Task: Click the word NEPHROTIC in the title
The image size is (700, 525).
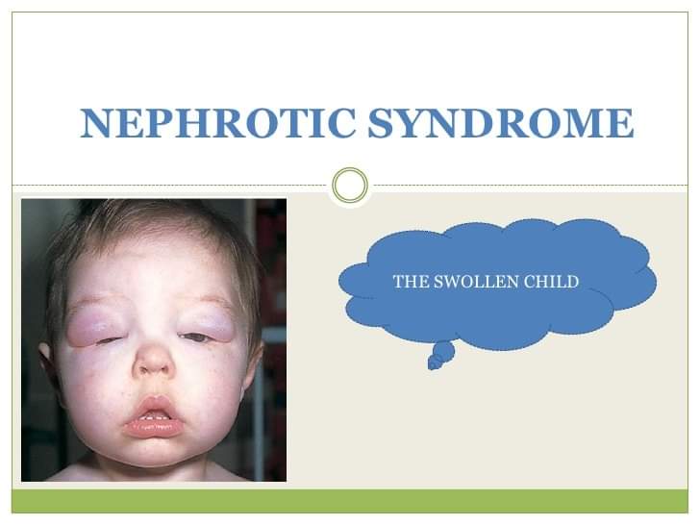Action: click(218, 123)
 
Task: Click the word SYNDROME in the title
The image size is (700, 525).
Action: click(501, 123)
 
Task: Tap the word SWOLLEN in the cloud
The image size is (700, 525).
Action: click(476, 282)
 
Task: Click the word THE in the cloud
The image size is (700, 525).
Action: click(411, 282)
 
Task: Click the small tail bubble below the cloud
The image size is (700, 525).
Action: click(441, 355)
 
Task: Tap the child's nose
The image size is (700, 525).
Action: click(155, 357)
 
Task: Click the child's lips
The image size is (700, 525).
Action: click(154, 417)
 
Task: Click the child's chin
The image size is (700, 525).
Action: click(152, 453)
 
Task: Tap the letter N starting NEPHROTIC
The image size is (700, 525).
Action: click(95, 123)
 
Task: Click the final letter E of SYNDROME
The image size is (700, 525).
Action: click(621, 123)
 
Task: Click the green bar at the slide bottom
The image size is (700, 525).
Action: click(350, 501)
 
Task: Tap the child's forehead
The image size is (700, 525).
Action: click(152, 263)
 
